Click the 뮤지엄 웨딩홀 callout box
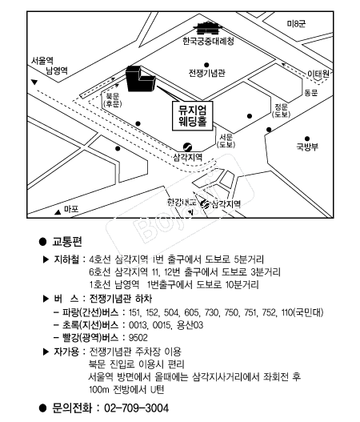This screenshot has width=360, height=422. click(192, 116)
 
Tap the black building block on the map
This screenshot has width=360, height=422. click(139, 79)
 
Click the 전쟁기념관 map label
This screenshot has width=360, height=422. click(206, 73)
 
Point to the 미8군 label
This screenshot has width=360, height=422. click(296, 24)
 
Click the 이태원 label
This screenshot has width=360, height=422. click(318, 74)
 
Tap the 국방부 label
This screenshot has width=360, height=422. click(307, 147)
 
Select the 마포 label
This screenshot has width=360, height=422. click(71, 209)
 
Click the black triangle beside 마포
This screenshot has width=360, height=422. click(58, 212)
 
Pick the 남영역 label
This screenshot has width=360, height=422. click(57, 70)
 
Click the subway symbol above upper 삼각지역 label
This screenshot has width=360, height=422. click(187, 147)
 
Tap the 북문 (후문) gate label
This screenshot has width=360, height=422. click(112, 100)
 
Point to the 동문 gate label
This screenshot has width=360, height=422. click(310, 93)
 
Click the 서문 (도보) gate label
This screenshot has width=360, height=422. click(226, 141)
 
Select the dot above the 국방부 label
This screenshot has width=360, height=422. click(307, 139)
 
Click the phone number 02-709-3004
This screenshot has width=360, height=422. click(137, 408)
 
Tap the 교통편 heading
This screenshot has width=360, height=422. click(67, 242)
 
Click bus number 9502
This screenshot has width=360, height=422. click(138, 337)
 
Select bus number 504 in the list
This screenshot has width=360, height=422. click(171, 312)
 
